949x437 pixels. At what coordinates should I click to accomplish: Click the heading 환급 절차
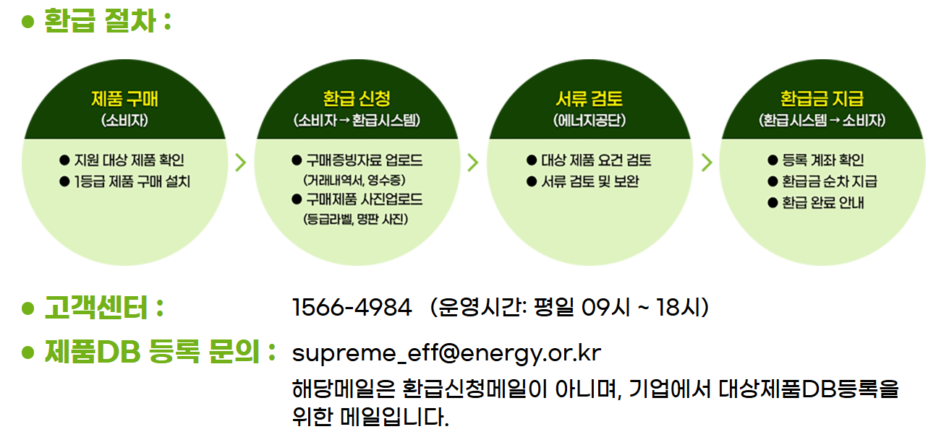click(x=100, y=20)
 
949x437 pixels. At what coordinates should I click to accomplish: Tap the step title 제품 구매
click(x=124, y=98)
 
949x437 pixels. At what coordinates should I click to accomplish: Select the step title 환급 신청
click(x=357, y=98)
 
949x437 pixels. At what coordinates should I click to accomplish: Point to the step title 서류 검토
click(x=590, y=98)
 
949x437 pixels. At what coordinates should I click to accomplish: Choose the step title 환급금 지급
click(x=822, y=98)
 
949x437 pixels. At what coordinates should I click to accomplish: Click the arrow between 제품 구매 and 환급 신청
click(x=241, y=162)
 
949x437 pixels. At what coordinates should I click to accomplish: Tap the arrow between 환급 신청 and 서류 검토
click(x=473, y=162)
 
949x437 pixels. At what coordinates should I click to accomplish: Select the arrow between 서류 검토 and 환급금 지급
click(x=707, y=162)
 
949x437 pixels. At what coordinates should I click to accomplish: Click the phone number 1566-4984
click(x=352, y=308)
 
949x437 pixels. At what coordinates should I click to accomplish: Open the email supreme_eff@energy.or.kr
click(x=446, y=353)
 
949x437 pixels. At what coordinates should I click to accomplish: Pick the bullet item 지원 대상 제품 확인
click(x=131, y=160)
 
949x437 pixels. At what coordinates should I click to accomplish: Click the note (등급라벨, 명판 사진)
click(x=357, y=218)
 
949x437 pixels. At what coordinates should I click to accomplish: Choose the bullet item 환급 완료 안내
click(x=823, y=202)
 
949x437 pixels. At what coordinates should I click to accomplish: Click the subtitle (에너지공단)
click(x=590, y=120)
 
